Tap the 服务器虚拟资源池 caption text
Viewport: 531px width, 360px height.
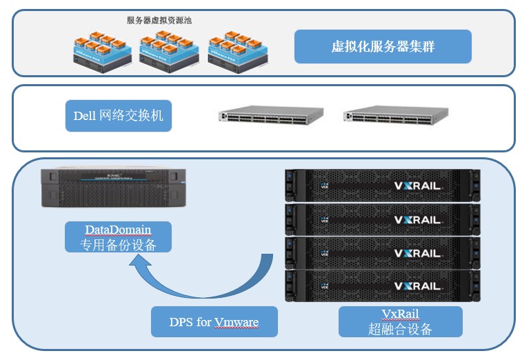coord(159,20)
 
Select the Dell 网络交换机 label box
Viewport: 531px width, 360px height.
coord(119,115)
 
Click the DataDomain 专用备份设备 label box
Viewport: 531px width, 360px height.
coord(118,237)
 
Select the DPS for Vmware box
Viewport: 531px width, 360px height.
coord(214,321)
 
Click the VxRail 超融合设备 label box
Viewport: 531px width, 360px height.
coord(400,321)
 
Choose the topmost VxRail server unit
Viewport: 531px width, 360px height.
coord(382,185)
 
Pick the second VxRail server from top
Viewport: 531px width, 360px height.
coord(382,219)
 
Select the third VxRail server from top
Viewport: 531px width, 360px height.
coord(382,252)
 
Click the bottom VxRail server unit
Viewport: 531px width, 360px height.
coord(382,286)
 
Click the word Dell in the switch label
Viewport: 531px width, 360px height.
coord(85,115)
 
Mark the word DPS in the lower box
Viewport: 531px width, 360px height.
coord(181,321)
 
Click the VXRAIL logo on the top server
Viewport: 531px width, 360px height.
coord(417,186)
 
